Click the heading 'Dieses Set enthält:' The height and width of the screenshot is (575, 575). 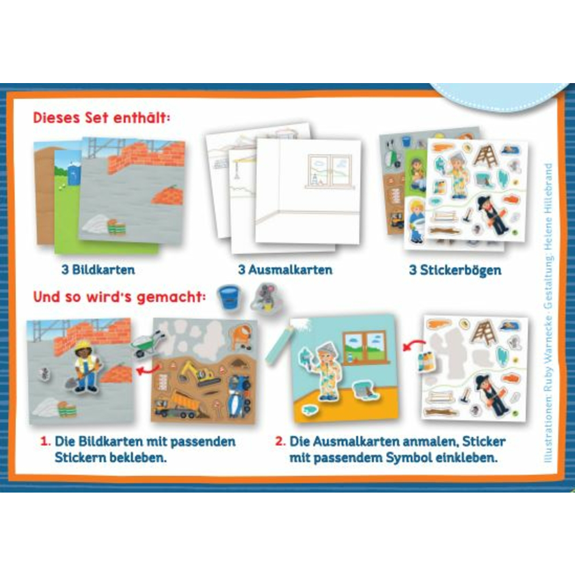[x=102, y=118]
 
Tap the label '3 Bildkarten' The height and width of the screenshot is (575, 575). [x=98, y=270]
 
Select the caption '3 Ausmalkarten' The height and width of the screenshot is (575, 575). [x=286, y=270]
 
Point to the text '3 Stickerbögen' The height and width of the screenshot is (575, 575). [x=455, y=270]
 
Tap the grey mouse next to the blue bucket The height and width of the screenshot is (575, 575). [x=264, y=298]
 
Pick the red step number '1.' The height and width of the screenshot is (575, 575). [x=45, y=441]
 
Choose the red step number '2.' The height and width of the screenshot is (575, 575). [x=280, y=441]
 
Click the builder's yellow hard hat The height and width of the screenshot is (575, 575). [x=83, y=344]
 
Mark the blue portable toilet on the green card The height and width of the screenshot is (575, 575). [x=74, y=174]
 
